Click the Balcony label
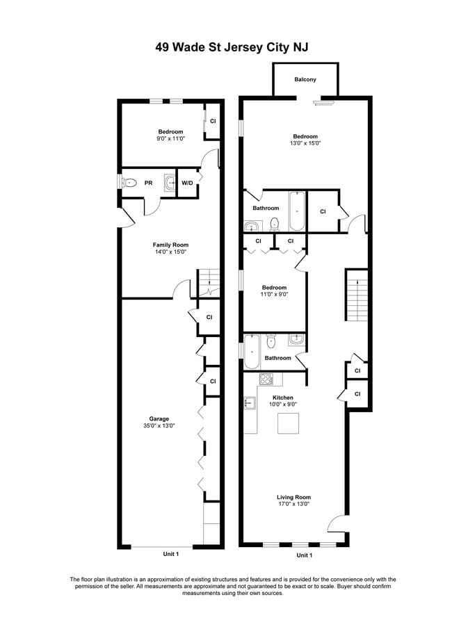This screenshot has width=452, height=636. (x=305, y=79)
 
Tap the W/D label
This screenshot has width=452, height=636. (x=187, y=183)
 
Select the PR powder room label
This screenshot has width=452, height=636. (x=149, y=183)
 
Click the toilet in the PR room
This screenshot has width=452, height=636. (x=130, y=183)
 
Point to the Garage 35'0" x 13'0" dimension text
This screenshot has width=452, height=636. (x=159, y=426)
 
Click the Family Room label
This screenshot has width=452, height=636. (x=170, y=245)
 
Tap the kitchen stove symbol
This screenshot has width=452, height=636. (x=266, y=379)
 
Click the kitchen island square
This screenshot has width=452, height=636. (x=288, y=423)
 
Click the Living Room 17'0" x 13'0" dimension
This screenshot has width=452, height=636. (x=293, y=504)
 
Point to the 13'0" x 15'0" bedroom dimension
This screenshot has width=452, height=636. (x=305, y=143)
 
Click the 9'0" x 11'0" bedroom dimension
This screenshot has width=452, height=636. (x=170, y=138)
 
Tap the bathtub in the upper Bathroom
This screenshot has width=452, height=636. (x=298, y=211)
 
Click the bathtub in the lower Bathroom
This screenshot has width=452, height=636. (x=252, y=352)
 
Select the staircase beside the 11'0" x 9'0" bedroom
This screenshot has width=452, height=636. (x=357, y=295)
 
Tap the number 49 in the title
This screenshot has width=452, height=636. (x=162, y=47)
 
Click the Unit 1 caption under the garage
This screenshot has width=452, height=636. (x=171, y=554)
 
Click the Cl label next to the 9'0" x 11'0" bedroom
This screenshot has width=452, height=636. (x=213, y=121)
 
